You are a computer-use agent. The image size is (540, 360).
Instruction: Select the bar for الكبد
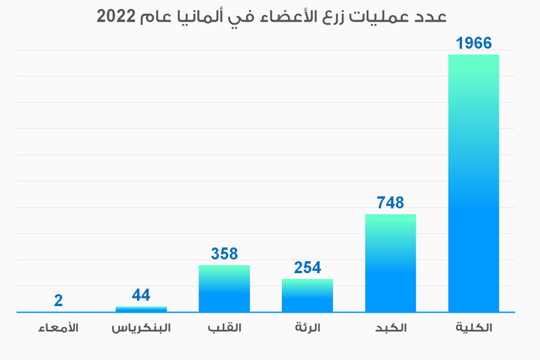(x=390, y=263)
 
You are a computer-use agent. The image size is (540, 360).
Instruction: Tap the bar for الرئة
(x=307, y=295)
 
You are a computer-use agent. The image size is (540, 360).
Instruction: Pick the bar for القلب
(x=224, y=289)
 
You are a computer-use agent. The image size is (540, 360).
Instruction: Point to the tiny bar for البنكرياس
(x=141, y=309)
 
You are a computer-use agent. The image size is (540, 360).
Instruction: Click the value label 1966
(x=473, y=43)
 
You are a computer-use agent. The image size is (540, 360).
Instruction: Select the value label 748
(x=390, y=202)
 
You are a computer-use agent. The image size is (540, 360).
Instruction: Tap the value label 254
(x=307, y=268)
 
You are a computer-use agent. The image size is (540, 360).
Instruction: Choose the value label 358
(x=224, y=254)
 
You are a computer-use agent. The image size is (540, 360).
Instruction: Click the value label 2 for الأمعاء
(x=58, y=301)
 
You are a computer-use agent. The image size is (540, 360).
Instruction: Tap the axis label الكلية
(x=474, y=329)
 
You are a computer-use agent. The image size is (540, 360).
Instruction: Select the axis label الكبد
(x=391, y=329)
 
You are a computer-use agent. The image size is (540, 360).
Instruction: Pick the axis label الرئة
(x=307, y=329)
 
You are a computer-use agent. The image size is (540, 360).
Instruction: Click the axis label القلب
(x=224, y=329)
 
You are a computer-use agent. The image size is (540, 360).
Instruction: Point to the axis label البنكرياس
(x=141, y=329)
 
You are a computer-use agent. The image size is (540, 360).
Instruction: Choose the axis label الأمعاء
(x=58, y=329)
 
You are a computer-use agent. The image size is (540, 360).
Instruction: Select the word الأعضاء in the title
(x=314, y=16)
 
